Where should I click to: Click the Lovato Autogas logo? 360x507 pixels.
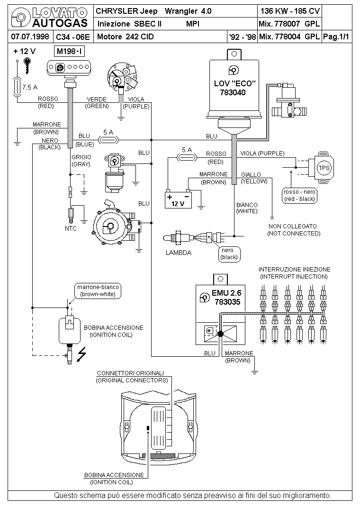coord(49,18)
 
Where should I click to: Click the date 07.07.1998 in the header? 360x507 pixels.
coord(30,36)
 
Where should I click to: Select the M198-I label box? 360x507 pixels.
coord(69,52)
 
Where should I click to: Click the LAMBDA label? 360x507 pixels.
coord(179,253)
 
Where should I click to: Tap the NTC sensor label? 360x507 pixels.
coord(71,228)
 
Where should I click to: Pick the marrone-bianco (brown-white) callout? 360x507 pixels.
coord(98,290)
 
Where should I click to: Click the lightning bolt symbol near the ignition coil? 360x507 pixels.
coord(81,355)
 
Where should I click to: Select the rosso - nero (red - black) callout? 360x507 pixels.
coord(299,196)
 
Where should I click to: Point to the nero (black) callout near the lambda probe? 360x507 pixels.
coord(229,254)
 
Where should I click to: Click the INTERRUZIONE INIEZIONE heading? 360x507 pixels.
coord(294,269)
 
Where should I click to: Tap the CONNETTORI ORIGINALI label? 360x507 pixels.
coord(131,373)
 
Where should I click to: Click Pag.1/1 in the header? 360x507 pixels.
coord(336,37)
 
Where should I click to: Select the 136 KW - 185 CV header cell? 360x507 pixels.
coord(290,11)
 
